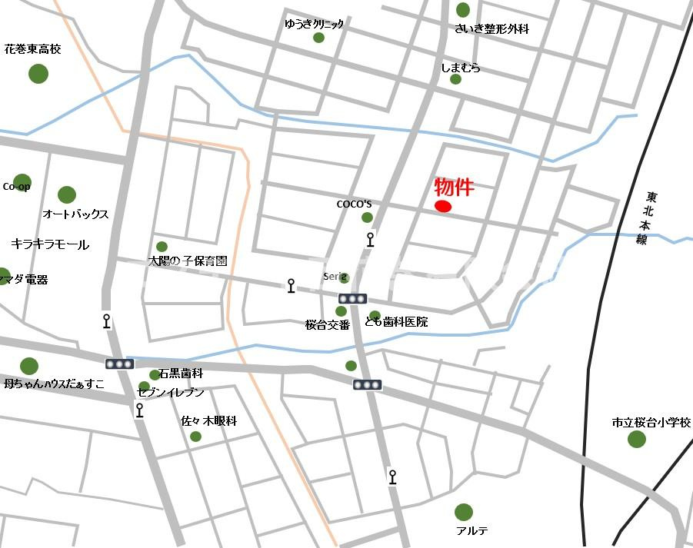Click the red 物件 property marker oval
(443, 206)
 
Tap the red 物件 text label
(454, 187)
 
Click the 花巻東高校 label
(32, 49)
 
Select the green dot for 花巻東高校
(38, 74)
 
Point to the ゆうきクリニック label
(314, 24)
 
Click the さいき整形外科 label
(492, 29)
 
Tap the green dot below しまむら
(455, 79)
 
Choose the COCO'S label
(354, 204)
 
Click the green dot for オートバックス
(67, 195)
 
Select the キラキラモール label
(50, 244)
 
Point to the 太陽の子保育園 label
(188, 261)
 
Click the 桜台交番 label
(328, 324)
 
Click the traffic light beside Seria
(352, 298)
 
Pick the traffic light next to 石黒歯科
(120, 364)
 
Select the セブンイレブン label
(171, 393)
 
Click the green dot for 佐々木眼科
(195, 437)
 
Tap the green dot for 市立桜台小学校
(637, 440)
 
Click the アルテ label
(472, 531)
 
